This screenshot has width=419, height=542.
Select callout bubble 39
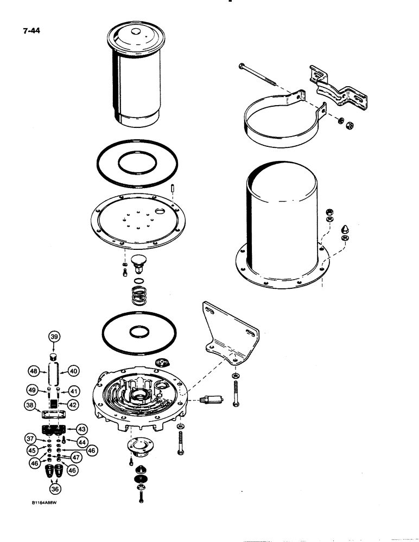54,337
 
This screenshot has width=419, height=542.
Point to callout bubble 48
34,371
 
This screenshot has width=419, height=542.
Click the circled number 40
74,371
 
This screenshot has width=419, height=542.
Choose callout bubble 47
75,459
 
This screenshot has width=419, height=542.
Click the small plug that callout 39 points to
54,356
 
